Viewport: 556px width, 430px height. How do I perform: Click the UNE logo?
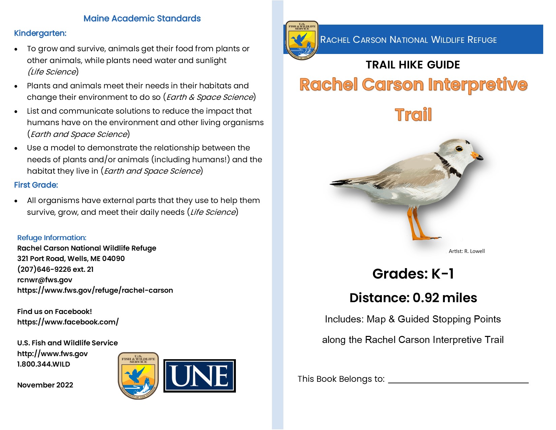coord(199,376)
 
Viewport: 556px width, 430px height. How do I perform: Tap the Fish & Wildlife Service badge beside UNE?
coord(138,376)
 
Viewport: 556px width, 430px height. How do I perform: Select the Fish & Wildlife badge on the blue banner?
coord(302,40)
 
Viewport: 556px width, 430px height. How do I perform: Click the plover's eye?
coord(459,148)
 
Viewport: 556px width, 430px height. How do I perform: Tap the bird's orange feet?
coord(421,236)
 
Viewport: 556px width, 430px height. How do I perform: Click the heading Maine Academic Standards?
coord(142,19)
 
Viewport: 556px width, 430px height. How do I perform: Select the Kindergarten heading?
coord(40,33)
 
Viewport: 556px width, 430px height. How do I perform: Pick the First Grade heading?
coord(36,185)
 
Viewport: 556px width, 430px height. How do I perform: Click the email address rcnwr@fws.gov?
coord(44,280)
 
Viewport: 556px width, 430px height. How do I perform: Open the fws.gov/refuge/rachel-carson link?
coord(95,290)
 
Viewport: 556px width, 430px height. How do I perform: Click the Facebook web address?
coord(68,322)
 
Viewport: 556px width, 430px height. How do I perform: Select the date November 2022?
coord(45,385)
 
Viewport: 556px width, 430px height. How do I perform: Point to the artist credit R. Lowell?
coord(467,251)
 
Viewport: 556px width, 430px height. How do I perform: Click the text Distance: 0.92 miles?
coord(413,298)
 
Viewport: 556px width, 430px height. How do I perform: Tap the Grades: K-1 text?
coord(413,274)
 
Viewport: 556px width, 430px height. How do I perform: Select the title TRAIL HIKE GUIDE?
coord(413,65)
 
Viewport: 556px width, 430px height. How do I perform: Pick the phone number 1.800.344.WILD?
coord(43,364)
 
